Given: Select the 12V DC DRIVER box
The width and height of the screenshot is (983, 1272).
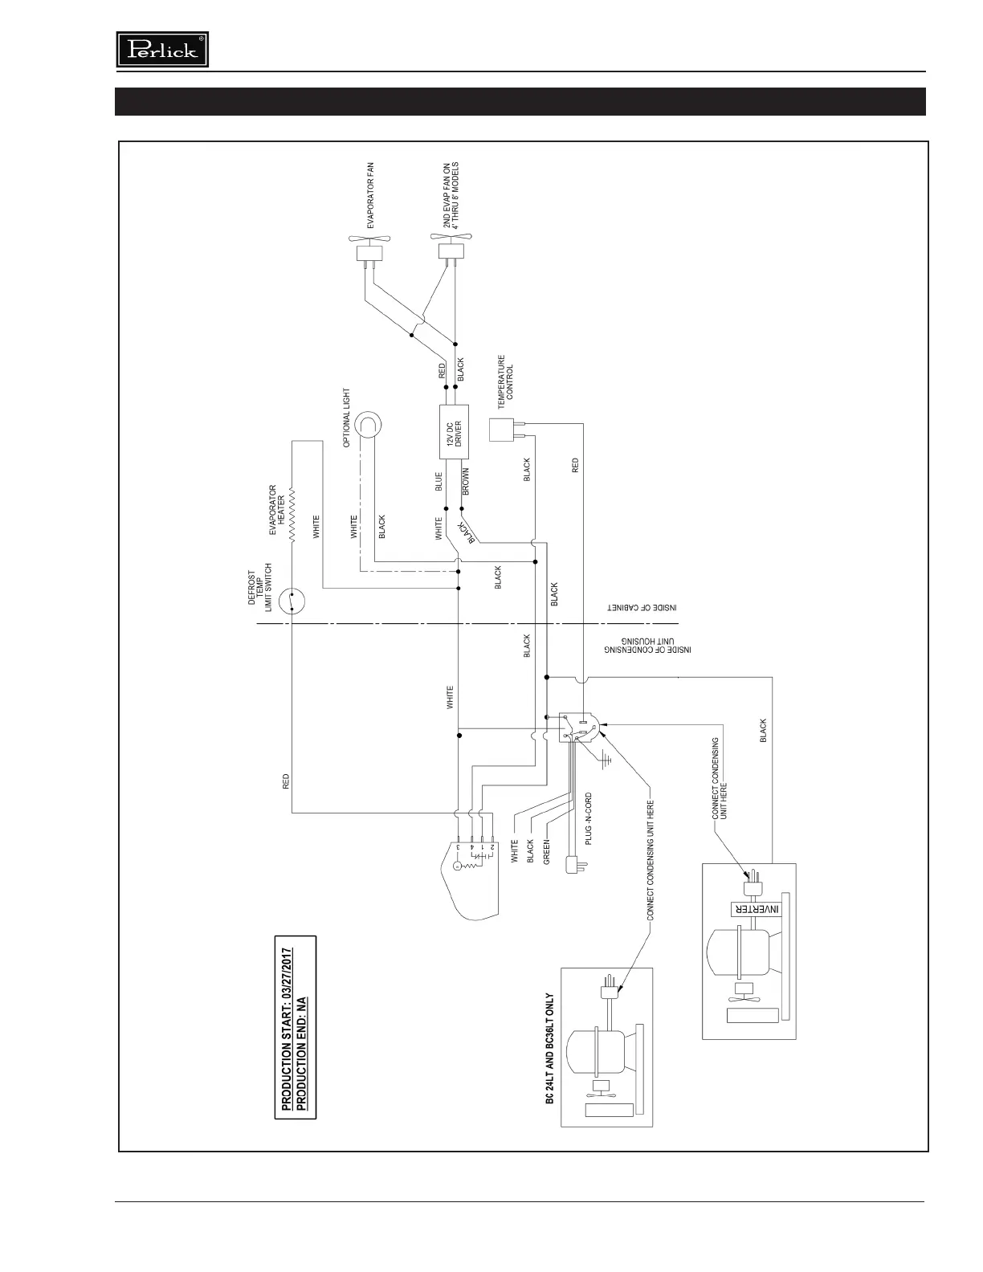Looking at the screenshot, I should (x=454, y=432).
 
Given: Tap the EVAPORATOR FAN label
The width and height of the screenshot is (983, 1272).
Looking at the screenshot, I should (x=371, y=196).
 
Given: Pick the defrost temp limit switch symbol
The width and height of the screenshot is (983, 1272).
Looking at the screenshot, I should (x=293, y=600).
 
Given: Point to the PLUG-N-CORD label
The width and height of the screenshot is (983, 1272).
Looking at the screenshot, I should (x=589, y=818).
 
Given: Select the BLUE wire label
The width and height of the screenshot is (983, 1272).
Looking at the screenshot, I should (x=438, y=481).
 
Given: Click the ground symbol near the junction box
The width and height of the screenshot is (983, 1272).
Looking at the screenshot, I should (x=606, y=758).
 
